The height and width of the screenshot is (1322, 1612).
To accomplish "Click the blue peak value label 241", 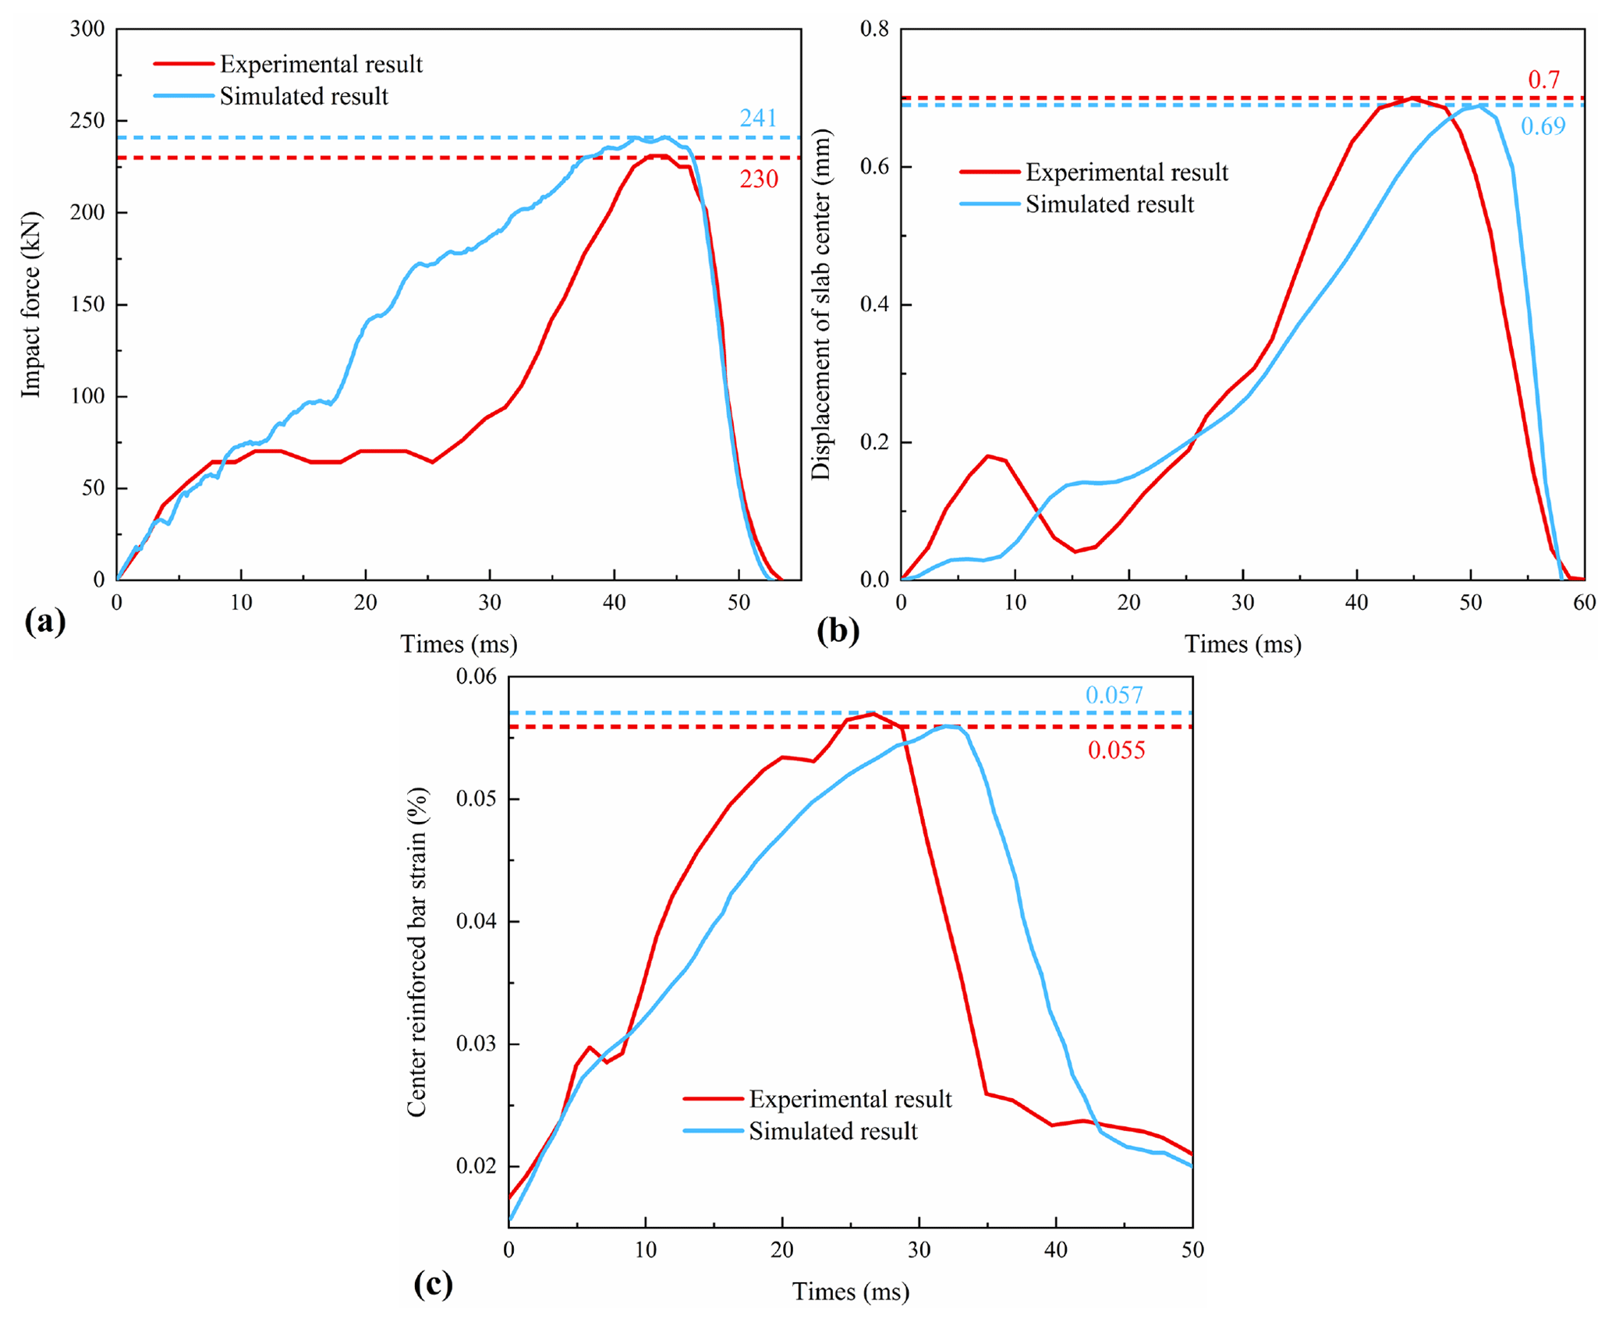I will pyautogui.click(x=758, y=118).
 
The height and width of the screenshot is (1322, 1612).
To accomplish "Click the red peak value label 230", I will pyautogui.click(x=758, y=179).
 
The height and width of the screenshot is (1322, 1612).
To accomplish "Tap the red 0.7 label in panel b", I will pyautogui.click(x=1543, y=80).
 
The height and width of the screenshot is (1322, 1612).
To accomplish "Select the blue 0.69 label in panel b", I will pyautogui.click(x=1543, y=126).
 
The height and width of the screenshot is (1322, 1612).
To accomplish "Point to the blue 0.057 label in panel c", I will pyautogui.click(x=1114, y=695).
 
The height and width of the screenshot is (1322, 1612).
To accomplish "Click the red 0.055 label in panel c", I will pyautogui.click(x=1116, y=750).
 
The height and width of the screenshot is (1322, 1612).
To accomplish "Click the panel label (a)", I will pyautogui.click(x=45, y=622).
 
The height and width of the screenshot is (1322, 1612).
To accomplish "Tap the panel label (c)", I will pyautogui.click(x=433, y=1283).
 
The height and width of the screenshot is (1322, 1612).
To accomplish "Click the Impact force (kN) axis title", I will pyautogui.click(x=30, y=304).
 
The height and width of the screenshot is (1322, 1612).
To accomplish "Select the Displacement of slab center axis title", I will pyautogui.click(x=821, y=304).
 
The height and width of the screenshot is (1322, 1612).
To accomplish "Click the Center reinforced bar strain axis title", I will pyautogui.click(x=417, y=952).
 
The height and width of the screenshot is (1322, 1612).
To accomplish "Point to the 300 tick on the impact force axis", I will pyautogui.click(x=87, y=30).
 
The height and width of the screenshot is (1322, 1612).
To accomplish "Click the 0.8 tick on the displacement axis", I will pyautogui.click(x=873, y=30).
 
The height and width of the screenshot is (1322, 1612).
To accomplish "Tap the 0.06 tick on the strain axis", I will pyautogui.click(x=476, y=676).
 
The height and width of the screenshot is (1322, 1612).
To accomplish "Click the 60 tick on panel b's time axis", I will pyautogui.click(x=1584, y=602).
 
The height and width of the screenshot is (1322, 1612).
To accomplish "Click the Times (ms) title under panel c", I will pyautogui.click(x=850, y=1292).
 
